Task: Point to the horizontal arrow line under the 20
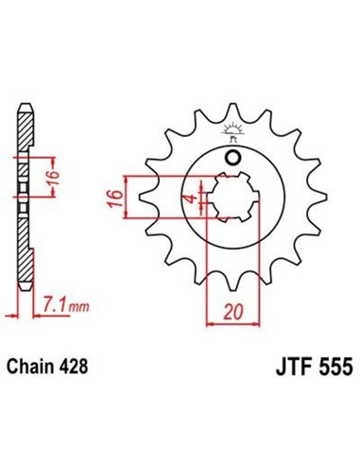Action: click(x=230, y=322)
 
